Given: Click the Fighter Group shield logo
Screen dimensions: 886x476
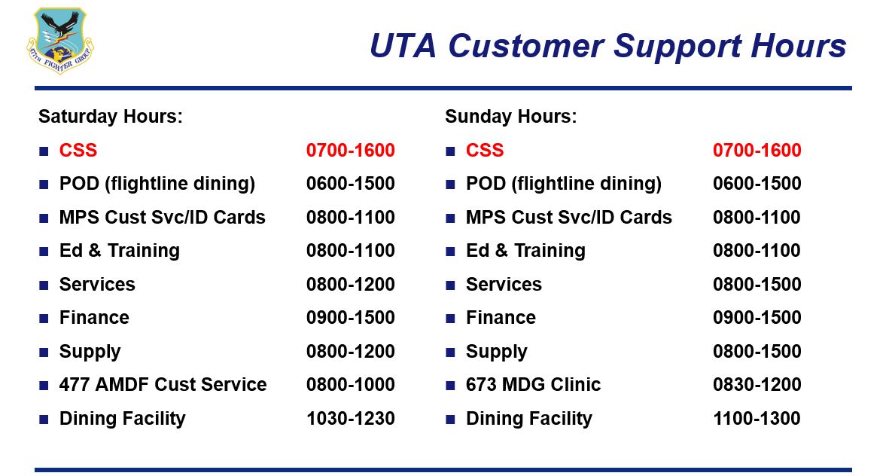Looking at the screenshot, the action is [60, 40].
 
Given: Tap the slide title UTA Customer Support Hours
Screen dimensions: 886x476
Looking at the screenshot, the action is [607, 46].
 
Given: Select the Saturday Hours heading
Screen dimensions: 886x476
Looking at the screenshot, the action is [110, 117].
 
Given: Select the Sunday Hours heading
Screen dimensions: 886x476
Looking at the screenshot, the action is [511, 117].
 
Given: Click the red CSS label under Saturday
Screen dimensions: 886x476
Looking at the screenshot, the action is [78, 151].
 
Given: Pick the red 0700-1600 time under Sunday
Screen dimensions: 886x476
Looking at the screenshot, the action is [757, 151].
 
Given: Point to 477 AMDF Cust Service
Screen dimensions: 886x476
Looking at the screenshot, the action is [163, 384].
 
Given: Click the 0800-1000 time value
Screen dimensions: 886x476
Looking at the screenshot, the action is [350, 384].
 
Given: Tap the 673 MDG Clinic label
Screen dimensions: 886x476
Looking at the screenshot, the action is [533, 384].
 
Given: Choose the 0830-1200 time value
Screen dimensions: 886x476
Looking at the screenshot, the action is [757, 384].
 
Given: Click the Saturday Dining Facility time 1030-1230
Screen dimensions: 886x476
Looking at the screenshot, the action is [350, 418].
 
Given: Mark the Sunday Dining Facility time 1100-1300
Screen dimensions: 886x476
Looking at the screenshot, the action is [757, 418].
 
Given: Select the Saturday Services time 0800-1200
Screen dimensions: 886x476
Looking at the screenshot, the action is [350, 285].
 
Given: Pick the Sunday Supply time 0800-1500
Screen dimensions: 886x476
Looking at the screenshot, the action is [757, 351].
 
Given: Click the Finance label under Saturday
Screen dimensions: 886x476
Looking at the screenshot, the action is [94, 318].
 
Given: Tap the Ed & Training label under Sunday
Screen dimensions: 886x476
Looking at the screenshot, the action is [525, 251].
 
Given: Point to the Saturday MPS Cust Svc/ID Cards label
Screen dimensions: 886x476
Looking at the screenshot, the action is [162, 217].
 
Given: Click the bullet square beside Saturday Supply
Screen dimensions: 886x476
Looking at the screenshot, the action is [44, 352].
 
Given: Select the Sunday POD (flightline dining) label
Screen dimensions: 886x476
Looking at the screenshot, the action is [563, 184].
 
